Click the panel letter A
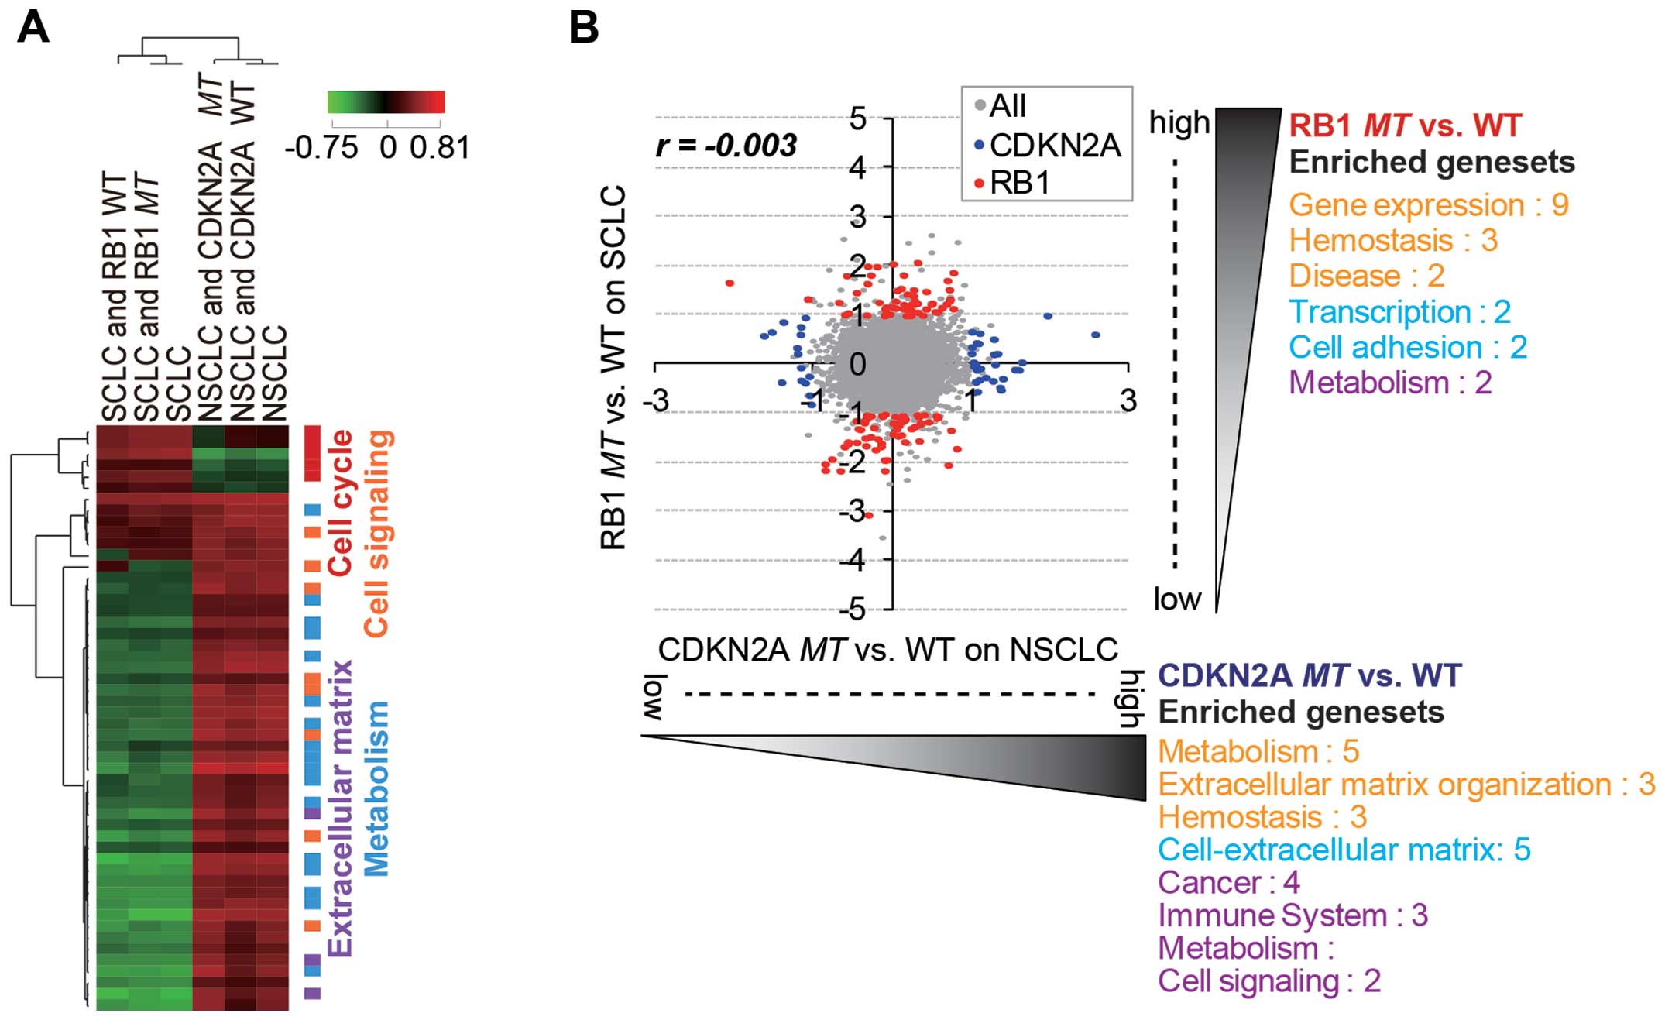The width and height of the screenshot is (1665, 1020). click(33, 29)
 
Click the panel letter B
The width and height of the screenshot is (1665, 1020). click(584, 29)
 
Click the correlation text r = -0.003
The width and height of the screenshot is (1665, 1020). click(726, 146)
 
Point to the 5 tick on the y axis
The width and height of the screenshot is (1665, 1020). click(857, 118)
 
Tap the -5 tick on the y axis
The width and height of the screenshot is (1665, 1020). click(853, 610)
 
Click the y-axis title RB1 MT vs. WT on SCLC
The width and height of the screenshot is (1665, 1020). click(613, 366)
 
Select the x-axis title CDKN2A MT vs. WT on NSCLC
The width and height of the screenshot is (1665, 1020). click(887, 649)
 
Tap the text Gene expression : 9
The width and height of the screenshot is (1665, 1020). click(1428, 205)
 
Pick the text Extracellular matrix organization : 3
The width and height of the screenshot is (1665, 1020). click(1406, 785)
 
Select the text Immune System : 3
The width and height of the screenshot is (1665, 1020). click(1293, 915)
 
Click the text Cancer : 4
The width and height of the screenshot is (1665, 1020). click(1228, 882)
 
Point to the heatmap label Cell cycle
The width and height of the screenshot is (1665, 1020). click(341, 503)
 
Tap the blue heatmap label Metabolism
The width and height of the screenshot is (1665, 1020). click(376, 788)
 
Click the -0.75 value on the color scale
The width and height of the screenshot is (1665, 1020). click(322, 147)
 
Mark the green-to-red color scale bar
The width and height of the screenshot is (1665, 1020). click(386, 102)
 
